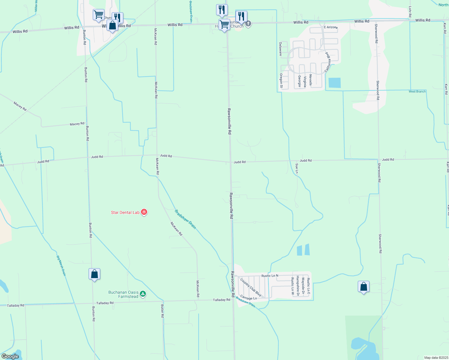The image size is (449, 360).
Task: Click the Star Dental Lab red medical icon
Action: [144, 212]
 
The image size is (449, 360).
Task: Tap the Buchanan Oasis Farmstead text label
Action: [123, 294]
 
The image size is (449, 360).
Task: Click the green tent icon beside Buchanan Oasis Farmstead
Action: [143, 294]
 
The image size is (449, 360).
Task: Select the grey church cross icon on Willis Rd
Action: [248, 24]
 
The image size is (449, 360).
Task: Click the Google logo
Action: [10, 356]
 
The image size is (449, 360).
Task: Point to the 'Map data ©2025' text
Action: [436, 358]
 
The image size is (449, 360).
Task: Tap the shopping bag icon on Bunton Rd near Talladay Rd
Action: [94, 274]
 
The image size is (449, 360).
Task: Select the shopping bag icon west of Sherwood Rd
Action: [363, 287]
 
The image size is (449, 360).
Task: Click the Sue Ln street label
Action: [297, 168]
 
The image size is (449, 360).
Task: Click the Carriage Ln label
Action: [249, 298]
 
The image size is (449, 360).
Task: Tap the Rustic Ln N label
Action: [270, 275]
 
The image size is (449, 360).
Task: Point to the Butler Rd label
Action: [162, 311]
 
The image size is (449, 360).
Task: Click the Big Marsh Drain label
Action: [61, 265]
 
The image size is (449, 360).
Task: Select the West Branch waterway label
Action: [417, 91]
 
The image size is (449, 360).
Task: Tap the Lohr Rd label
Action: [410, 11]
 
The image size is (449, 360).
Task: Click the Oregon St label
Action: [281, 81]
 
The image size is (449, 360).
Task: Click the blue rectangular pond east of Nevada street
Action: [334, 83]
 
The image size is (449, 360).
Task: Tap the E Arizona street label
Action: [330, 27]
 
